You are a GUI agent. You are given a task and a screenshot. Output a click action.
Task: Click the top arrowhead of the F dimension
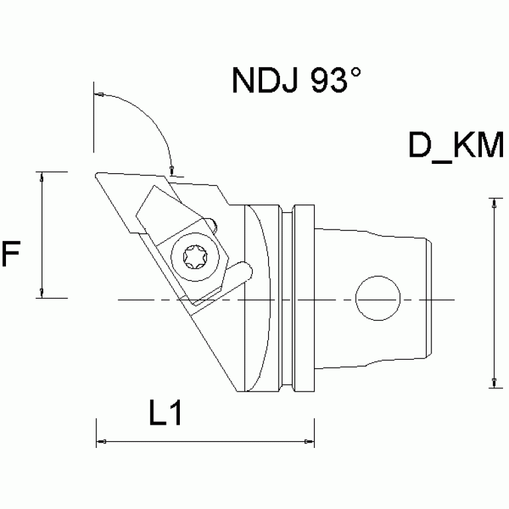point(42,177)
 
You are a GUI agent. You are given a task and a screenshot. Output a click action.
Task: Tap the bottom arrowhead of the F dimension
point(42,293)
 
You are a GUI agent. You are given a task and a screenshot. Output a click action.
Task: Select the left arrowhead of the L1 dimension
point(102,441)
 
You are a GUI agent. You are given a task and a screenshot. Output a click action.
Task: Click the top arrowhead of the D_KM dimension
point(493,202)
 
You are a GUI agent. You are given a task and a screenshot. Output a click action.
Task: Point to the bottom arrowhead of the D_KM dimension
point(493,382)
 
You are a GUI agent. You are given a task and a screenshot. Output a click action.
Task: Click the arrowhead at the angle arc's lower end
point(171,169)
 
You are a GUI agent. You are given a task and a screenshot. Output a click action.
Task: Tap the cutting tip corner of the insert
point(98,175)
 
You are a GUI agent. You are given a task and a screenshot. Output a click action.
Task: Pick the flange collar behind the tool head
point(304,299)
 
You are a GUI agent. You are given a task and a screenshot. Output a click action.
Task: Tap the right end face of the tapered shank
point(432,299)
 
